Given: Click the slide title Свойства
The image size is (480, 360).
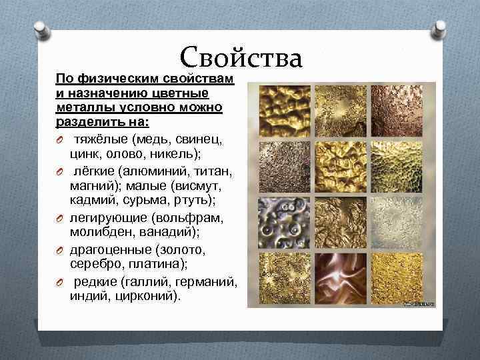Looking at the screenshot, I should click(241, 57).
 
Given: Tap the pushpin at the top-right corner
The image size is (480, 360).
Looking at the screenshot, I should click(440, 29).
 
